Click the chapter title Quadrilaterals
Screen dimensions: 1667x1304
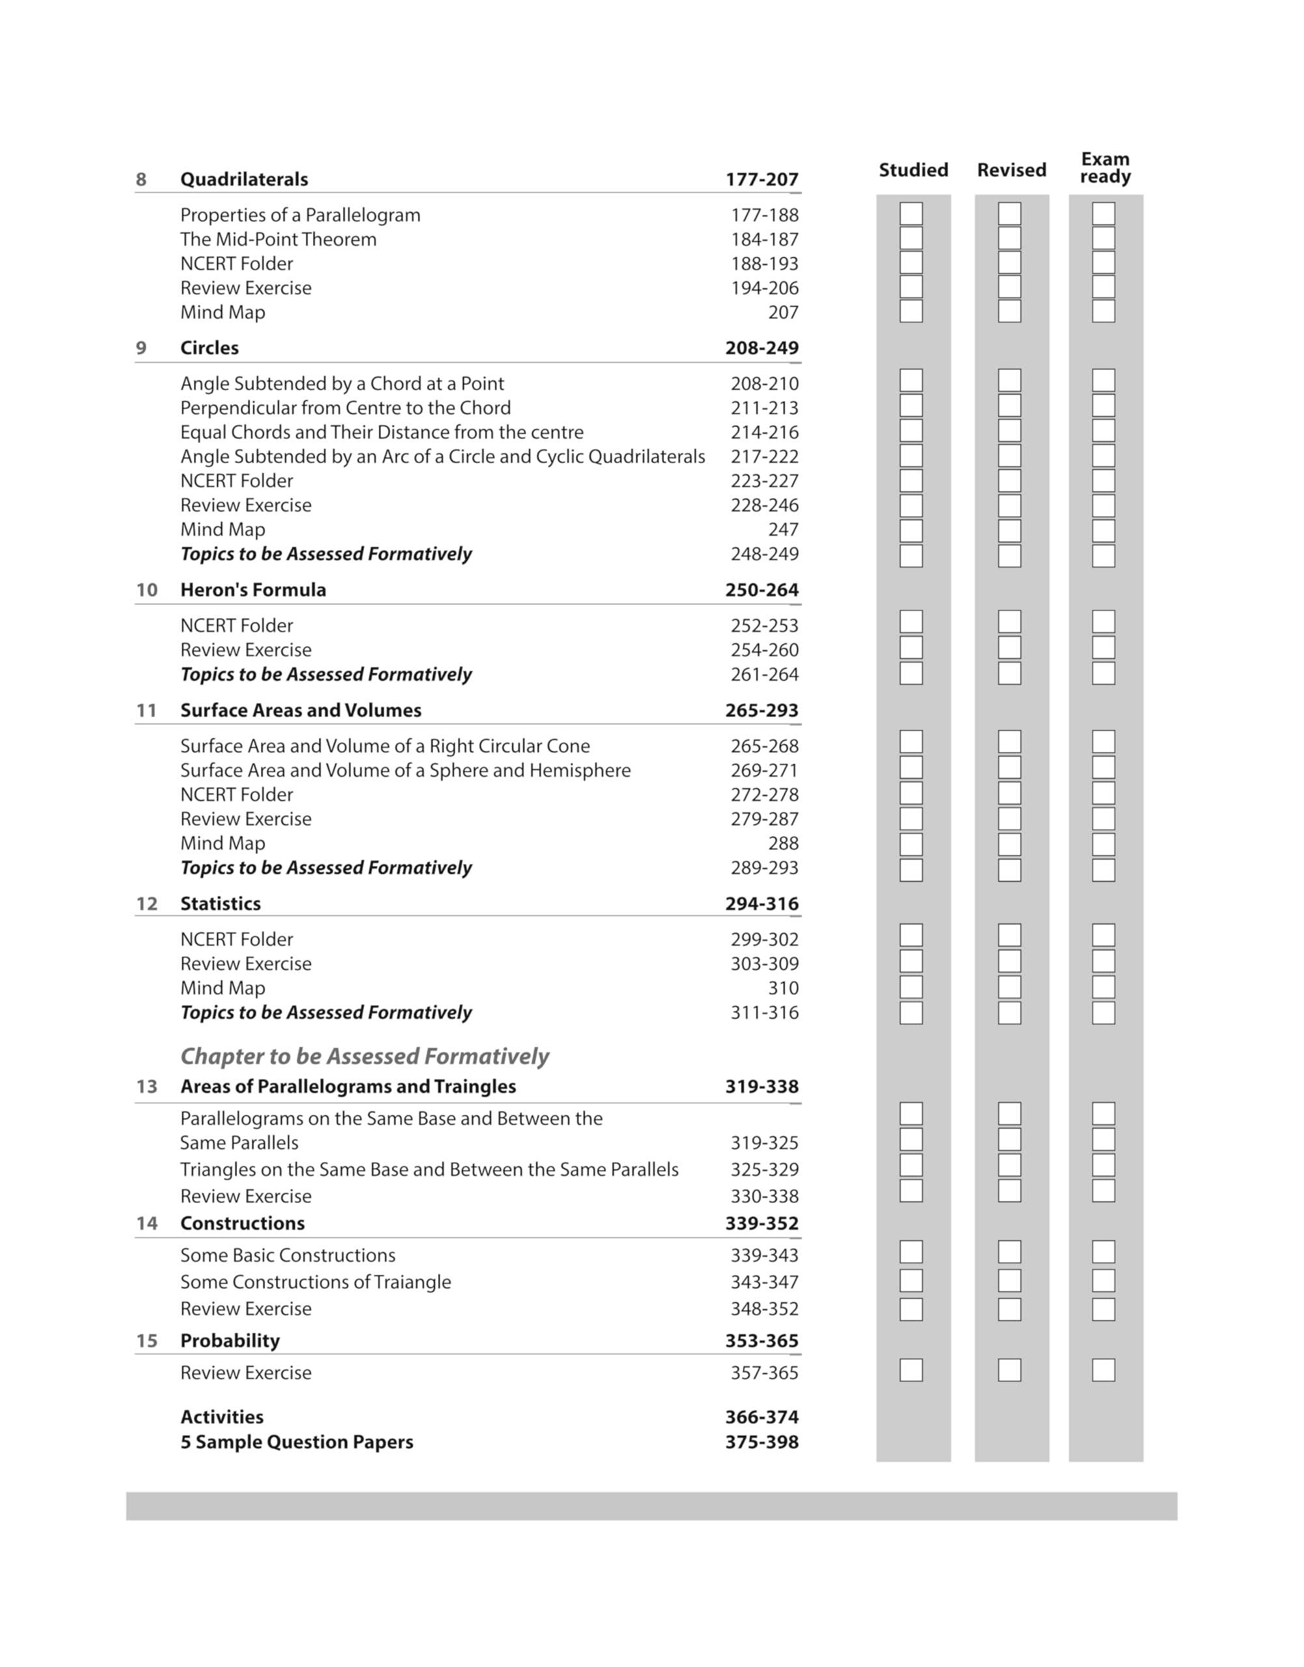click(243, 180)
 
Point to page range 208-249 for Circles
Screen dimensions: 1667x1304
click(761, 348)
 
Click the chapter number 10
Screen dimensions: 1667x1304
click(146, 590)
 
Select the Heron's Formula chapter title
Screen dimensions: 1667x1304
click(253, 590)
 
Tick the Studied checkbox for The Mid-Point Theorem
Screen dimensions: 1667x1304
click(911, 238)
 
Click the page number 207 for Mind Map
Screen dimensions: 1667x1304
click(783, 313)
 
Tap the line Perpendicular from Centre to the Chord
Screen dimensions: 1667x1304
click(345, 408)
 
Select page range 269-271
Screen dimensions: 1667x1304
click(764, 770)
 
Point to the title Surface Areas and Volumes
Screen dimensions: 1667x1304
click(300, 710)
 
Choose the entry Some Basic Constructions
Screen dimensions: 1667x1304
click(287, 1255)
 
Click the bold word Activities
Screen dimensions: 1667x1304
click(221, 1418)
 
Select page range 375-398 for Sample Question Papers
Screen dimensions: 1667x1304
click(761, 1442)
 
